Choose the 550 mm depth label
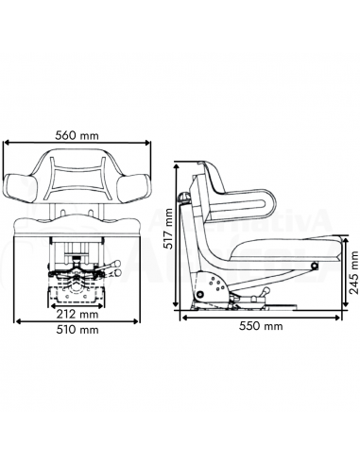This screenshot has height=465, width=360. pos(260,326)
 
